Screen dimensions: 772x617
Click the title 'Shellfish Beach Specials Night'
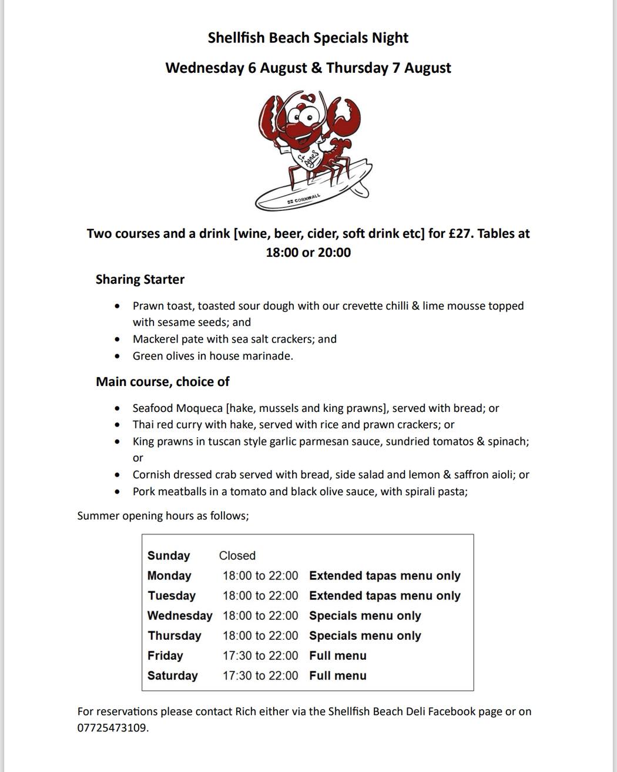pos(308,38)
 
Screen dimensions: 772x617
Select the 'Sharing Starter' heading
pos(140,280)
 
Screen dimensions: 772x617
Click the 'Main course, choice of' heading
pos(162,382)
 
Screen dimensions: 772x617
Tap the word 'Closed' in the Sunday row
pos(237,556)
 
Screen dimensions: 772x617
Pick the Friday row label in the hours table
pos(165,656)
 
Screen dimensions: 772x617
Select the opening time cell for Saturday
pos(260,676)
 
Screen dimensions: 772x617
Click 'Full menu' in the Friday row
pos(337,656)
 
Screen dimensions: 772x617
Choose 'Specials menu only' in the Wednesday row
pos(365,616)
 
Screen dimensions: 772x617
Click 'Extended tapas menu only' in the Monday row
pos(384,576)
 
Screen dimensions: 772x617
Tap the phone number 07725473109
pos(112,729)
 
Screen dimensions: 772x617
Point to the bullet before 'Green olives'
pos(119,356)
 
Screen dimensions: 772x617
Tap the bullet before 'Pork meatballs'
pos(119,492)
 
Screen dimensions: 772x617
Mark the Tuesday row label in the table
pos(172,596)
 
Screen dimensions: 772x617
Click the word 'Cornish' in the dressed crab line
pos(152,475)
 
